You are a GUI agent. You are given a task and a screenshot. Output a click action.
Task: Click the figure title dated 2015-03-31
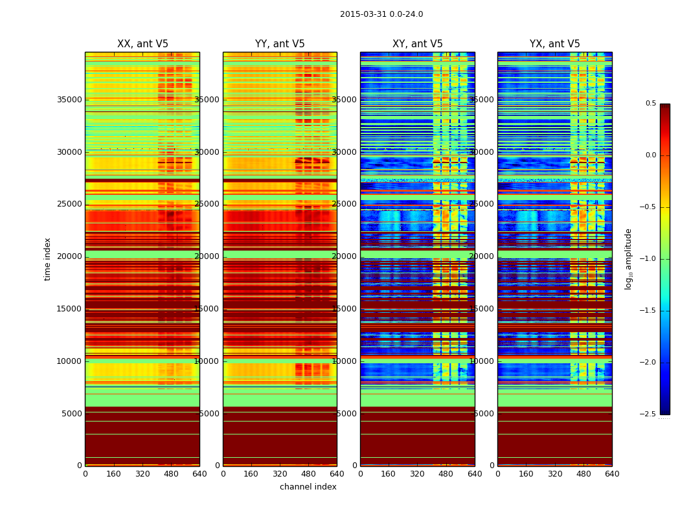(x=381, y=14)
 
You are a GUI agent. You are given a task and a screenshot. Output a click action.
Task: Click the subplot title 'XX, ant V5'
(x=142, y=44)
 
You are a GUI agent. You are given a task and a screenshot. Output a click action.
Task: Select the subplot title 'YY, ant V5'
(x=280, y=44)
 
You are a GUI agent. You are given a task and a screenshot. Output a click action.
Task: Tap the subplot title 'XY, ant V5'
(x=418, y=44)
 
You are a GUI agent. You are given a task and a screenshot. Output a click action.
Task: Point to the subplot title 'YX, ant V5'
(x=555, y=44)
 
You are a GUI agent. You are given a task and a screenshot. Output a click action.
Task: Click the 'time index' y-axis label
(x=48, y=259)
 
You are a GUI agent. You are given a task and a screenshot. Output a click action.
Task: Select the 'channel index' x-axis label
(x=308, y=487)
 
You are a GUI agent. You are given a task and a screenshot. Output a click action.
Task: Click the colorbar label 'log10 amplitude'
(x=628, y=259)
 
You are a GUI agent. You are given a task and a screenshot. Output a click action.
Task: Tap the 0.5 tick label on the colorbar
(x=650, y=104)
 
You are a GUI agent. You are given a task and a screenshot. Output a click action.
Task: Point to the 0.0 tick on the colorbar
(x=650, y=155)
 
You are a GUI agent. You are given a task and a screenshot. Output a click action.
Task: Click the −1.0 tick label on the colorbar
(x=648, y=259)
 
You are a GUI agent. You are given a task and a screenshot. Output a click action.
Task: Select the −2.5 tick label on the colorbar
(x=648, y=414)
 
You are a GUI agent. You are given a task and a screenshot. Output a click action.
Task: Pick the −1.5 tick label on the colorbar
(x=648, y=311)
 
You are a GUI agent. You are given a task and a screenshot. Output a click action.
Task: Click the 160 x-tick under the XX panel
(x=113, y=474)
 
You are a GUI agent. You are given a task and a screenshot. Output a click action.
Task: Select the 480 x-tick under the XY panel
(x=446, y=474)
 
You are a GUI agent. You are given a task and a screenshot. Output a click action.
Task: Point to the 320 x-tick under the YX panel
(x=555, y=474)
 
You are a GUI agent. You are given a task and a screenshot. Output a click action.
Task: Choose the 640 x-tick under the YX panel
(x=612, y=474)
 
